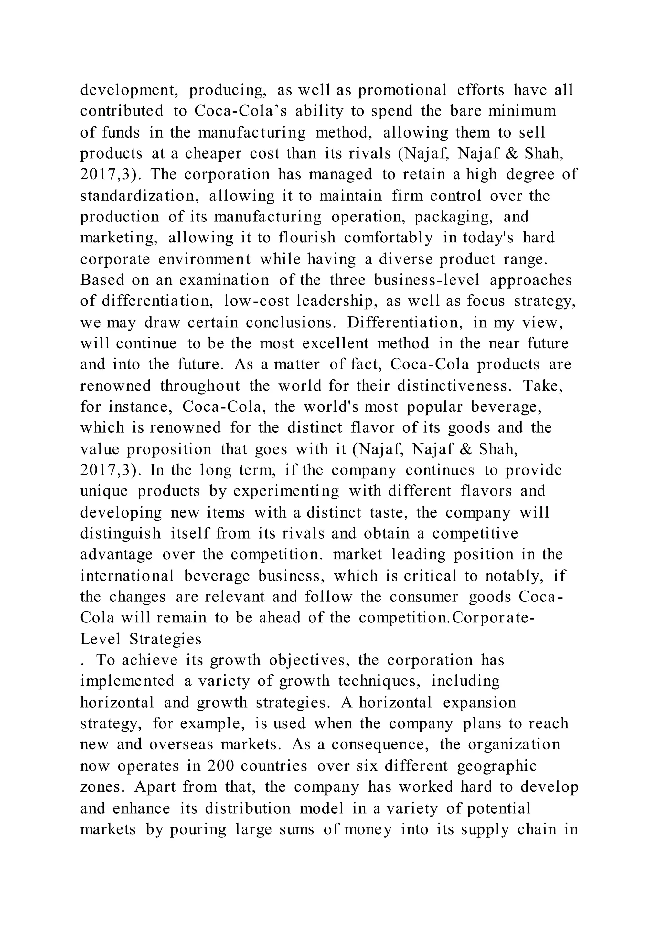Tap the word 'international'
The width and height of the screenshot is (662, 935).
(x=127, y=576)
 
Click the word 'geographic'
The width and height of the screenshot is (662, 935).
(x=497, y=766)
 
